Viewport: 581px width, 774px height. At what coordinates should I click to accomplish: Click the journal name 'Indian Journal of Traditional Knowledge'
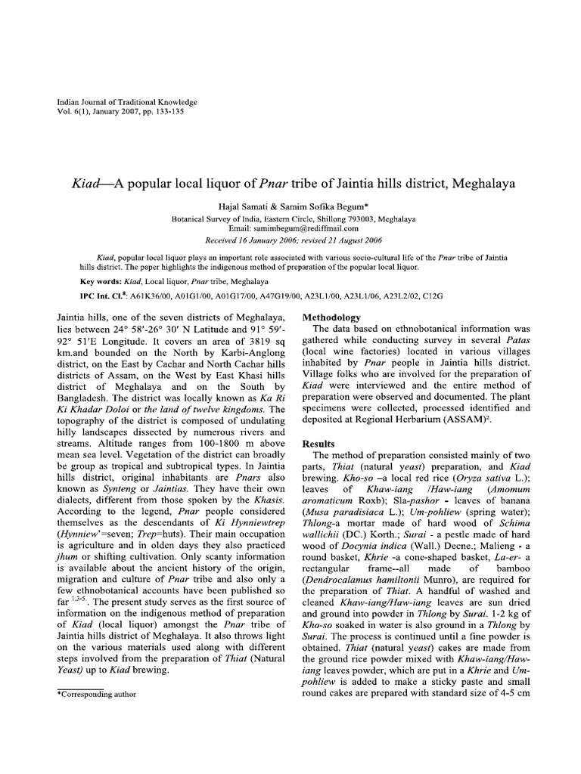click(127, 102)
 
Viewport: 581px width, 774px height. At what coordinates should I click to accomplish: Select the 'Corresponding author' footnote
click(98, 692)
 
